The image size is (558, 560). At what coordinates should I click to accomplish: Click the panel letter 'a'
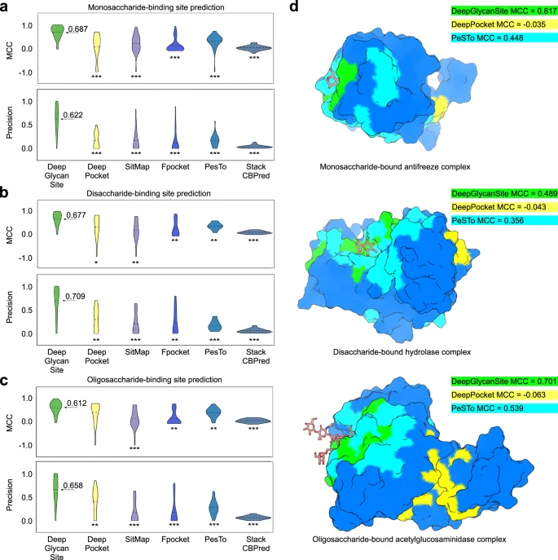tap(7, 7)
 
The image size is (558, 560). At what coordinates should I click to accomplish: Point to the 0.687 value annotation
tap(77, 29)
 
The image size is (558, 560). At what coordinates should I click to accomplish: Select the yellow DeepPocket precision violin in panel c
tap(96, 499)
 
